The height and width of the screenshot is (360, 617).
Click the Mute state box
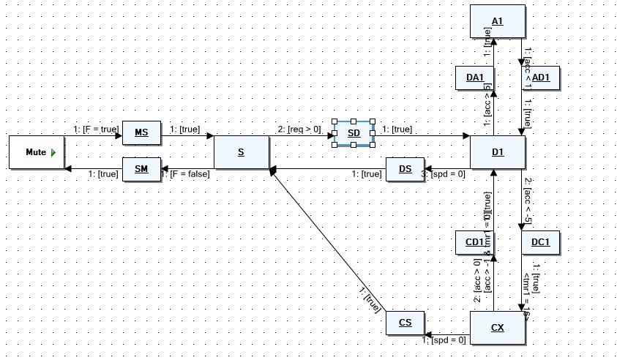[36, 152]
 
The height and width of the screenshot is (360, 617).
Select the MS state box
[141, 132]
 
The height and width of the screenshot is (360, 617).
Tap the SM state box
[141, 170]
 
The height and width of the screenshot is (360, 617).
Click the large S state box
[241, 152]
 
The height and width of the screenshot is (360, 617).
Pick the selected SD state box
[354, 133]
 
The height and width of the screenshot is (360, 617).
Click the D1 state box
[498, 152]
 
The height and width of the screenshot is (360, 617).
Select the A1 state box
[498, 21]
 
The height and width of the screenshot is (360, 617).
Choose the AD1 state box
[542, 78]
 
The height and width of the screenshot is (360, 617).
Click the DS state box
[405, 170]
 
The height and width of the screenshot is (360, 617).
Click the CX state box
[498, 327]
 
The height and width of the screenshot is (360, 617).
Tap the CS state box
[405, 323]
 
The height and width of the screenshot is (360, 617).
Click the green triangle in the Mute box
[53, 152]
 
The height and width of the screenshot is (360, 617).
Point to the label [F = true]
[96, 130]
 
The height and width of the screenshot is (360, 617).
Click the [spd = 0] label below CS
[444, 340]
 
